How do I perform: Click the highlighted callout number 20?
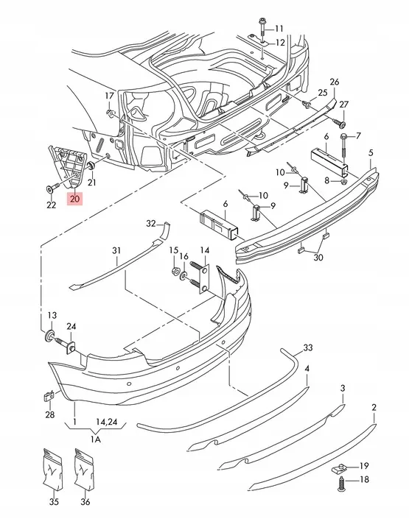click(x=74, y=197)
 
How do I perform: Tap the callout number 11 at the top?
click(x=279, y=28)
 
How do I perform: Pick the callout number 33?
click(x=308, y=347)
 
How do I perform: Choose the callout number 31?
click(x=116, y=251)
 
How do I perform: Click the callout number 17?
click(x=110, y=95)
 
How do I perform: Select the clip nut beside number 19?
click(x=344, y=467)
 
